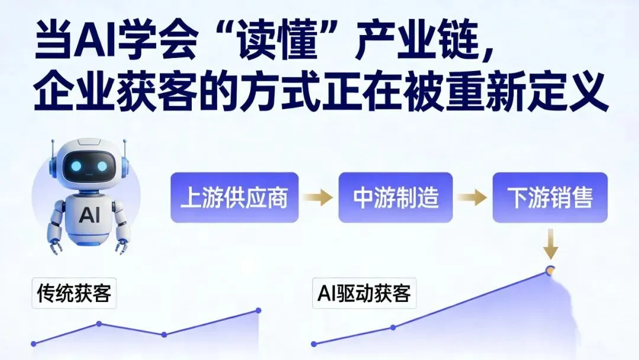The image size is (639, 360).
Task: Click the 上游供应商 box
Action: pyautogui.click(x=234, y=197)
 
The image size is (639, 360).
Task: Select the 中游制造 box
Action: pyautogui.click(x=395, y=197)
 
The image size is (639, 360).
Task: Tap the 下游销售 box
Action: pyautogui.click(x=550, y=197)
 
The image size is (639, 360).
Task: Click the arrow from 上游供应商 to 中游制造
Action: pyautogui.click(x=318, y=198)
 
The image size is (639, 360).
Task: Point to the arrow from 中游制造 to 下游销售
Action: pyautogui.click(x=472, y=198)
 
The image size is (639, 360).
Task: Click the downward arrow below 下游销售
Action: pyautogui.click(x=550, y=246)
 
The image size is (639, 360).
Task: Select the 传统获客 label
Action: pyautogui.click(x=74, y=293)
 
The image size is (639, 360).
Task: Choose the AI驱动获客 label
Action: pyautogui.click(x=364, y=293)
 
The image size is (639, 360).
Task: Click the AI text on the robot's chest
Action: pyautogui.click(x=89, y=214)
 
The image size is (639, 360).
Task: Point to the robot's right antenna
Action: pyautogui.click(x=125, y=148)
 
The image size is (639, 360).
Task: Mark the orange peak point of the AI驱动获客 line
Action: pyautogui.click(x=550, y=271)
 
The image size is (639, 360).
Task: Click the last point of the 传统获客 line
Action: pyautogui.click(x=259, y=310)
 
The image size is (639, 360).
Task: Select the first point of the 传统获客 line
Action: pyautogui.click(x=33, y=343)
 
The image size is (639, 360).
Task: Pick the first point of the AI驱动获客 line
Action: pyautogui.click(x=314, y=343)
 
